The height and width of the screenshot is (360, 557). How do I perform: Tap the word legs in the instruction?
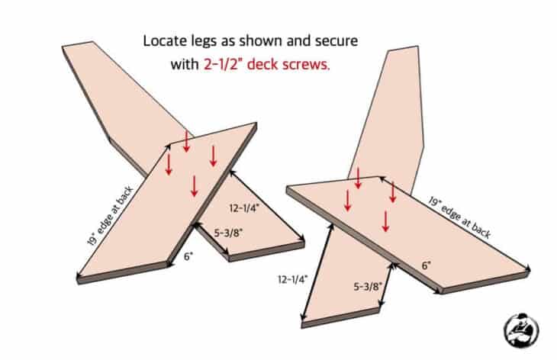pyautogui.click(x=201, y=42)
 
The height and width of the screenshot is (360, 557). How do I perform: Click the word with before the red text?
pyautogui.click(x=185, y=64)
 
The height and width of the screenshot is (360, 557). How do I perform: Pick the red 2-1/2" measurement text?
pyautogui.click(x=223, y=64)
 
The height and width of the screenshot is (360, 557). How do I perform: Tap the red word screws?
pyautogui.click(x=306, y=65)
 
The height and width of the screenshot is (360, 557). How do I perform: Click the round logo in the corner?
pyautogui.click(x=521, y=330)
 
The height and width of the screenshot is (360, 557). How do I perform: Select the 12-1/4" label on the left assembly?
pyautogui.click(x=244, y=208)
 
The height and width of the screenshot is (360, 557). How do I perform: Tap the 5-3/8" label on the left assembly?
pyautogui.click(x=228, y=233)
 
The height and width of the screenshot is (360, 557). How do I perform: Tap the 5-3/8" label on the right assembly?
pyautogui.click(x=368, y=287)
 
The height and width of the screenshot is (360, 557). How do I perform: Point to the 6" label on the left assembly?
pyautogui.click(x=188, y=256)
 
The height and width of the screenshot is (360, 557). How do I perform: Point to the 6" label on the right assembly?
pyautogui.click(x=427, y=265)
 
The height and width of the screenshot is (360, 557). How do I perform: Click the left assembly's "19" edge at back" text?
pyautogui.click(x=111, y=215)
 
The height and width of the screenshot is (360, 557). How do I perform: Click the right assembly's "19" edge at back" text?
pyautogui.click(x=459, y=217)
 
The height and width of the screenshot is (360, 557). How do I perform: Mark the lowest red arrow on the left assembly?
pyautogui.click(x=194, y=185)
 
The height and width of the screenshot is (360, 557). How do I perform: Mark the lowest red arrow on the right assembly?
pyautogui.click(x=386, y=221)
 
